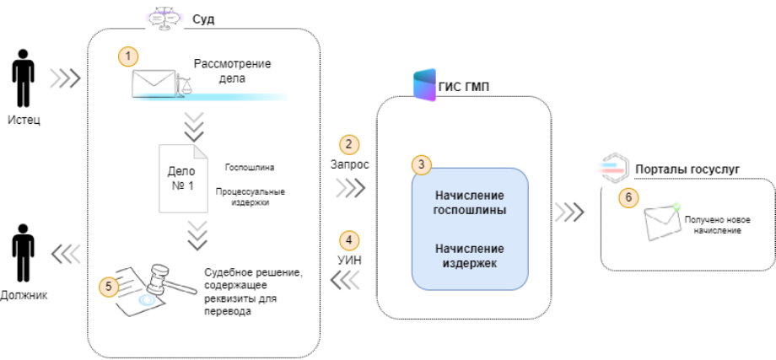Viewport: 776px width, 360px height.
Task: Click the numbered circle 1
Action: (127, 56)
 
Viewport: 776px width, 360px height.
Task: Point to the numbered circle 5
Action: (109, 286)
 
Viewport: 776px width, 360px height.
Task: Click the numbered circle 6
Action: (625, 198)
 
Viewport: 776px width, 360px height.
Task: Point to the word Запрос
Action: (351, 164)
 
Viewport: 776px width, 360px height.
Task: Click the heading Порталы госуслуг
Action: (686, 169)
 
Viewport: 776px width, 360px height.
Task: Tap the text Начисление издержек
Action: (470, 256)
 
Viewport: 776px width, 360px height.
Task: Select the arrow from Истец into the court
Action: (65, 79)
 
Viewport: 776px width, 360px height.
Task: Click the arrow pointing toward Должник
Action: (65, 252)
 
